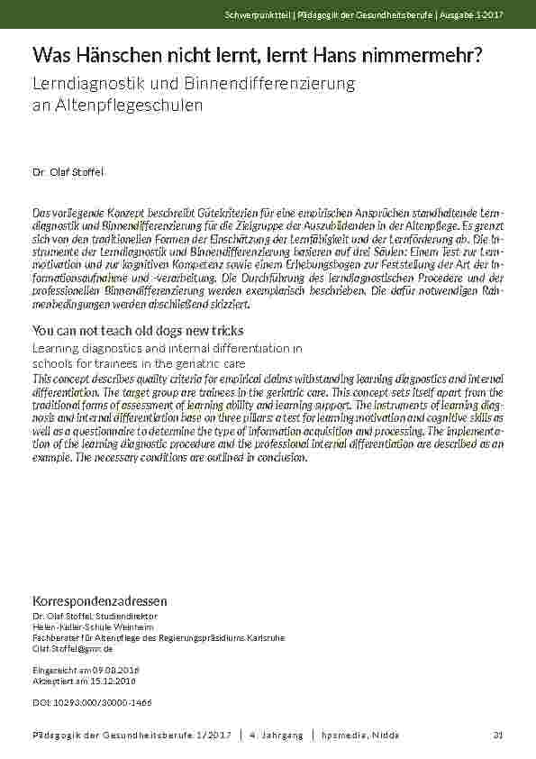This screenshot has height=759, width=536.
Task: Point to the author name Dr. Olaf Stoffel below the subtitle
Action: pyautogui.click(x=68, y=170)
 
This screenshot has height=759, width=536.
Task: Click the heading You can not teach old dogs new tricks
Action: pyautogui.click(x=138, y=331)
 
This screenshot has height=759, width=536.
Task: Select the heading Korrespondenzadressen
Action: pyautogui.click(x=99, y=600)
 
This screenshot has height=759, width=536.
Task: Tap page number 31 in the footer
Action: pyautogui.click(x=497, y=736)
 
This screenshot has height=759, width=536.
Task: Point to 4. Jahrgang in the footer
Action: pyautogui.click(x=276, y=736)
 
